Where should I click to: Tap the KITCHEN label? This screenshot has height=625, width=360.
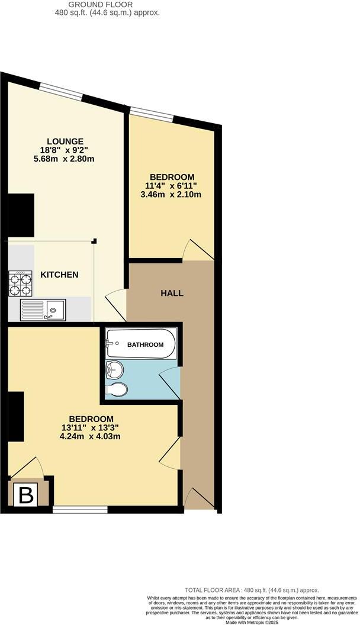(x=59, y=275)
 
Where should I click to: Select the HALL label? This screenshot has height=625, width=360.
(x=172, y=293)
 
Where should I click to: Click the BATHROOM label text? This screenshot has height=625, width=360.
(x=144, y=344)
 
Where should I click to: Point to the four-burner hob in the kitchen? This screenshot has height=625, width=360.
(x=20, y=283)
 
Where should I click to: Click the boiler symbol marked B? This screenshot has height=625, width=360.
(x=27, y=495)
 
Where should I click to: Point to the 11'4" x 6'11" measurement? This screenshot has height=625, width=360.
(x=172, y=186)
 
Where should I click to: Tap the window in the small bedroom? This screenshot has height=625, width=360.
(x=151, y=114)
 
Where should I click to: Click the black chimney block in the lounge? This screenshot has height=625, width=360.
(x=21, y=215)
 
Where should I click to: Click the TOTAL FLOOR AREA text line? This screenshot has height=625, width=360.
(x=252, y=590)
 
